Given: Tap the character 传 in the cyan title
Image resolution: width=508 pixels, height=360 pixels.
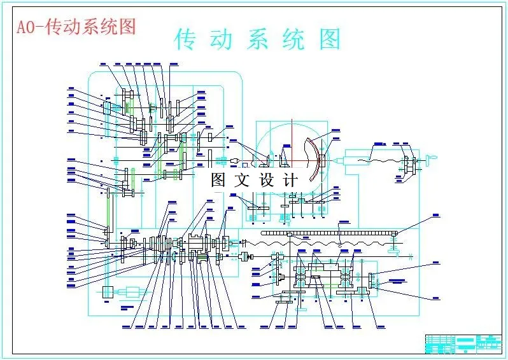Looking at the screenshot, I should tap(186, 39).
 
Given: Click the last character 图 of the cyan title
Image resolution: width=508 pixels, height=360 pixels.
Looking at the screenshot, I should tap(330, 39).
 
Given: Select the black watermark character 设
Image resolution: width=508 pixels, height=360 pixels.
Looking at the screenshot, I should tap(266, 180).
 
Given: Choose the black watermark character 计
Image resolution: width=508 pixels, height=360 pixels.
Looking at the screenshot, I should tap(290, 180).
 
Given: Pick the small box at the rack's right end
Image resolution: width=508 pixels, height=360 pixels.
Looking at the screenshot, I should tap(396, 234).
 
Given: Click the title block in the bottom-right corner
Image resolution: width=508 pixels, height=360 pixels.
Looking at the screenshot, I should tap(461, 343).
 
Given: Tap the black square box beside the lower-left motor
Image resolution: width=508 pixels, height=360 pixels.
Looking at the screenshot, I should tap(106, 292).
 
